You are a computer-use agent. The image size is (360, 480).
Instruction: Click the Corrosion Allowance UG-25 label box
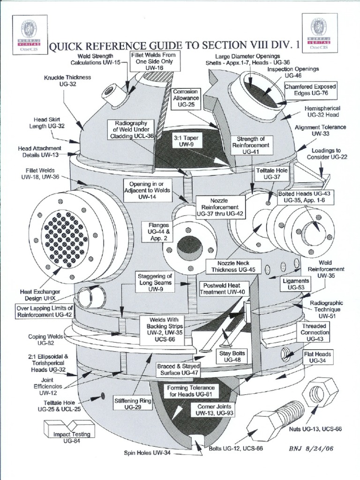point(186,99)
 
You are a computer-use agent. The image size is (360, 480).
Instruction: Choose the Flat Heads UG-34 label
point(317,357)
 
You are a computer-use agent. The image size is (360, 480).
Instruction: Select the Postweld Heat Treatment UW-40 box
point(223,288)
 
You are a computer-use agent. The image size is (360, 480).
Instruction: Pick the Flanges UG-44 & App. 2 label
point(158,232)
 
